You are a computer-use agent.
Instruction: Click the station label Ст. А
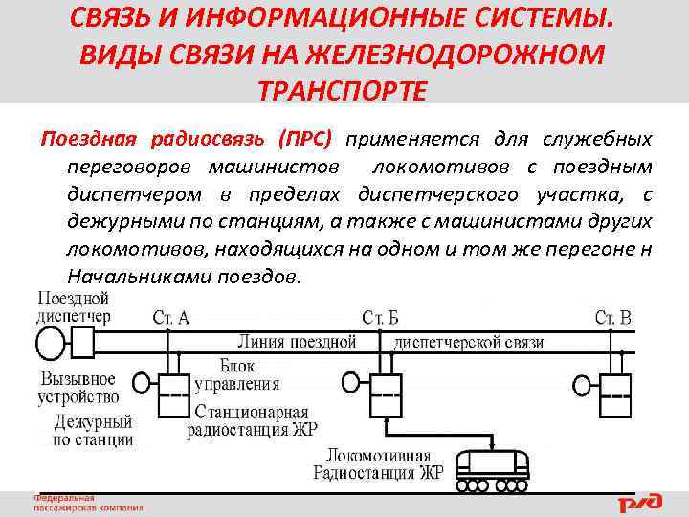[x=170, y=317]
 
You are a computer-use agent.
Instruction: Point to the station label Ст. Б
[x=381, y=317]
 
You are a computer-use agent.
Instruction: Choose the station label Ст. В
[x=613, y=317]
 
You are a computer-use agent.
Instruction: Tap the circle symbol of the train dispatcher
[x=49, y=342]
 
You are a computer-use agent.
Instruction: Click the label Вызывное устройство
[x=78, y=386]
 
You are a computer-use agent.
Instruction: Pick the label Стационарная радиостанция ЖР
[x=251, y=419]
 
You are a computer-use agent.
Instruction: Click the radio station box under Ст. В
[x=615, y=395]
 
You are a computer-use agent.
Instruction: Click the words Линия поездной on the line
[x=296, y=342]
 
